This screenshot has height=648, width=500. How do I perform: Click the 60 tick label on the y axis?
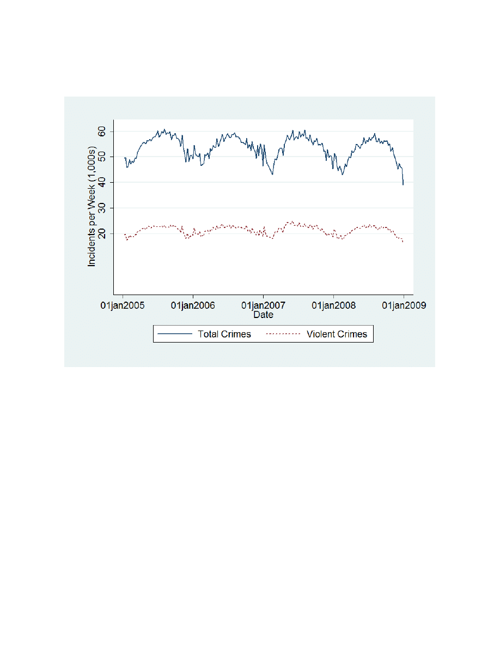[x=101, y=131]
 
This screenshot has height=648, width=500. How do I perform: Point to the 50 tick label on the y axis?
[x=101, y=157]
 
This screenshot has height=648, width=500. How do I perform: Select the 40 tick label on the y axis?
[x=101, y=183]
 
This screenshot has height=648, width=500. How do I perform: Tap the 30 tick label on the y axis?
[x=101, y=208]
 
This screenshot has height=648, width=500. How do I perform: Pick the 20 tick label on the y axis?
[x=101, y=233]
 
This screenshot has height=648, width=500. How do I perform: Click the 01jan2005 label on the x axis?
[x=123, y=305]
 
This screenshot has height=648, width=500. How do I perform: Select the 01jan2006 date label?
[x=193, y=305]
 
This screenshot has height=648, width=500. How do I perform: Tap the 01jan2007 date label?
[x=263, y=305]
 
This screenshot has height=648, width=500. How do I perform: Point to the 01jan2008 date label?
[x=333, y=305]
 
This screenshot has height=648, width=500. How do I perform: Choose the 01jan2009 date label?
[x=404, y=305]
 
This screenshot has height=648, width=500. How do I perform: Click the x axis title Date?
[x=263, y=315]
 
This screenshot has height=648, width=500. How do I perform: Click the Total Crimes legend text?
[x=224, y=334]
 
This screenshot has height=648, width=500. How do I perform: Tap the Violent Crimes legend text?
[x=337, y=334]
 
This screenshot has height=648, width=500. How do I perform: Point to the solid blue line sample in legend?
[x=174, y=334]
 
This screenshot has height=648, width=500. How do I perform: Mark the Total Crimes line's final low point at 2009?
[x=403, y=184]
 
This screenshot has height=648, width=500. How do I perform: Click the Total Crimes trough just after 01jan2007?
[x=272, y=174]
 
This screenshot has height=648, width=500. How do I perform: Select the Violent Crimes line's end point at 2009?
[x=403, y=242]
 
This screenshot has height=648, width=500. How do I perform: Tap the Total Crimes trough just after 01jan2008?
[x=342, y=174]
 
